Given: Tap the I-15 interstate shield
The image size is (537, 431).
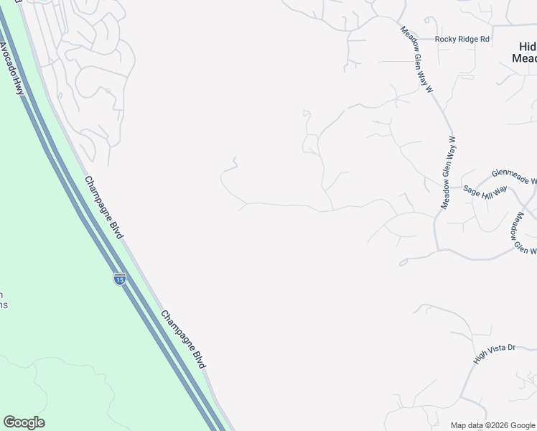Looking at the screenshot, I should [119, 278].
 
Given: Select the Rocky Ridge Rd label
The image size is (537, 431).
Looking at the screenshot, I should [462, 39].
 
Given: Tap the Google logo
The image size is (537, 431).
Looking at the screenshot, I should [24, 422].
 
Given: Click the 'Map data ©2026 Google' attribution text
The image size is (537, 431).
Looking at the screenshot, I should [492, 425].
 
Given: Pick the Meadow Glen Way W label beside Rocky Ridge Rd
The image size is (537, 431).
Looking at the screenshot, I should [418, 60].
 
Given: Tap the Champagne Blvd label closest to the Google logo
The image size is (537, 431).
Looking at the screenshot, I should [183, 339].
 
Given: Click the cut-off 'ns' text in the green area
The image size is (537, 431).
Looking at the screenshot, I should [4, 305].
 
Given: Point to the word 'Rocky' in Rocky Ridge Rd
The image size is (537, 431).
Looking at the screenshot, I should [444, 39].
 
